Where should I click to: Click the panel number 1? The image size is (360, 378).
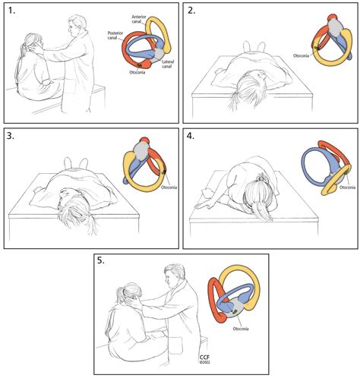pyautogui.click(x=12, y=13)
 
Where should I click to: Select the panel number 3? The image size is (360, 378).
pyautogui.click(x=13, y=138)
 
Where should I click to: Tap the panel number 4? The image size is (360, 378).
pyautogui.click(x=193, y=138)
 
